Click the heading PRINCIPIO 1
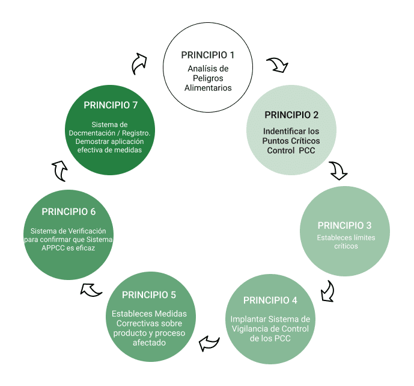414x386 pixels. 207,55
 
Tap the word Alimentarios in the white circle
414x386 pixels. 208,88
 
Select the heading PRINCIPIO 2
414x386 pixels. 291,115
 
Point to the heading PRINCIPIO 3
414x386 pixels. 344,225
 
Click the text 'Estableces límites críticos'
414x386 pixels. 344,241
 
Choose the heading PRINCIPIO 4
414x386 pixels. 270,300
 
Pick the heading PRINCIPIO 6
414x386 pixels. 68,211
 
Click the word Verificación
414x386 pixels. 90,231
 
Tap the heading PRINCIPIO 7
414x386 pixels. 111,105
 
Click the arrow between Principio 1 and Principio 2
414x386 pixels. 277,64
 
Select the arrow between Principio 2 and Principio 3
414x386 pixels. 338,170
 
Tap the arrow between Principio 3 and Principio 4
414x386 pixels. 327,290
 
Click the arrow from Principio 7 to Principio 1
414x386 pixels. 139,62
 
